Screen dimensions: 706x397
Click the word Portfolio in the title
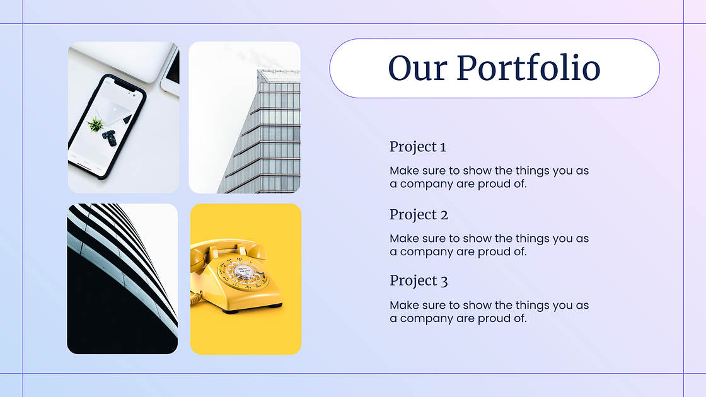(x=528, y=69)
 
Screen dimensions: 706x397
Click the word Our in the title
(x=417, y=69)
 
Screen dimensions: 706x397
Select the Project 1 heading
(x=418, y=147)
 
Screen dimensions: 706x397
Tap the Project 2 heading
(x=419, y=215)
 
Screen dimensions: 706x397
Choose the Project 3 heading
(x=419, y=281)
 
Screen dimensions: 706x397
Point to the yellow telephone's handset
(x=228, y=250)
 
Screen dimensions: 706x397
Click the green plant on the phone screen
(x=95, y=124)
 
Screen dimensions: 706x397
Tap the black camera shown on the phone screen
(x=110, y=138)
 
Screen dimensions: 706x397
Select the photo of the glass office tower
(x=245, y=117)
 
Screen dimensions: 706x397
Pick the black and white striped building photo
(x=122, y=279)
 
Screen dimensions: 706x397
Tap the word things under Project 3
(x=532, y=305)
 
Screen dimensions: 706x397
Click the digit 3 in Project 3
(x=444, y=282)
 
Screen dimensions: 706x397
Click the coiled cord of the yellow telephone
(x=195, y=297)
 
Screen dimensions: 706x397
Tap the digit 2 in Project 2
(x=444, y=215)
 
